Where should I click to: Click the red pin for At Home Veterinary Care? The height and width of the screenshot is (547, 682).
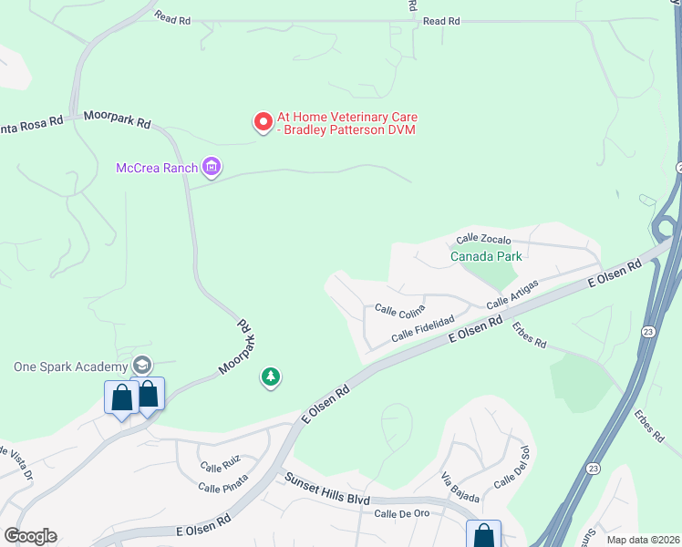click(263, 121)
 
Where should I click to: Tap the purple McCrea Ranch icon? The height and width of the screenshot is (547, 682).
click(212, 167)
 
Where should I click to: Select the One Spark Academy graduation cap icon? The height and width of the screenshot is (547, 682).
click(141, 366)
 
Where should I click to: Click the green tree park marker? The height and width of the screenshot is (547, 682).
click(270, 377)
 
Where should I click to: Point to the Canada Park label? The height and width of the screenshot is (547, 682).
click(486, 256)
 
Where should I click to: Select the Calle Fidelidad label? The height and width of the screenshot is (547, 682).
click(422, 330)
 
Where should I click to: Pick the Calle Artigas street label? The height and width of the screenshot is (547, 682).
click(512, 294)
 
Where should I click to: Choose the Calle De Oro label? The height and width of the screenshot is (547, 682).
click(401, 514)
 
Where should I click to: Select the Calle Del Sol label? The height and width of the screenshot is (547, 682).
click(511, 467)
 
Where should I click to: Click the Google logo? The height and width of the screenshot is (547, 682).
click(30, 536)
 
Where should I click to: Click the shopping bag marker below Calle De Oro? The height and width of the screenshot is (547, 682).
click(483, 535)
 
